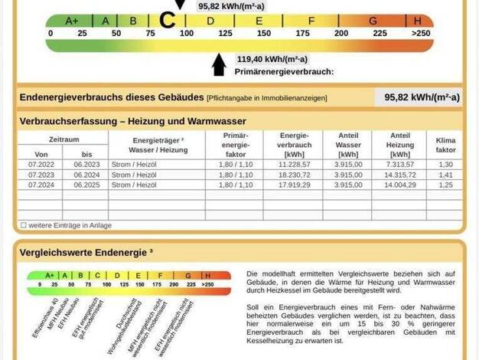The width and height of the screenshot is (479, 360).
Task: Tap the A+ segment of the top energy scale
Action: click(73, 21)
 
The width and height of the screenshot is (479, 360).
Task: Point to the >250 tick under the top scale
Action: click(420, 34)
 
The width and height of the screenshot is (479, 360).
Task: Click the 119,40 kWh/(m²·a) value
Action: click(272, 59)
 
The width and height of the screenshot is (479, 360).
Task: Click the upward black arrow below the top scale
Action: click(220, 65)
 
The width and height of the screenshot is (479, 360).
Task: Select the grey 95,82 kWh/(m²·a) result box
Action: click(418, 97)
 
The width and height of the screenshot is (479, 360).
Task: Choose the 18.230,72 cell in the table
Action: click(294, 175)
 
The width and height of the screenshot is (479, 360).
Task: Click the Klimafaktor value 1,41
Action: click(445, 175)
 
